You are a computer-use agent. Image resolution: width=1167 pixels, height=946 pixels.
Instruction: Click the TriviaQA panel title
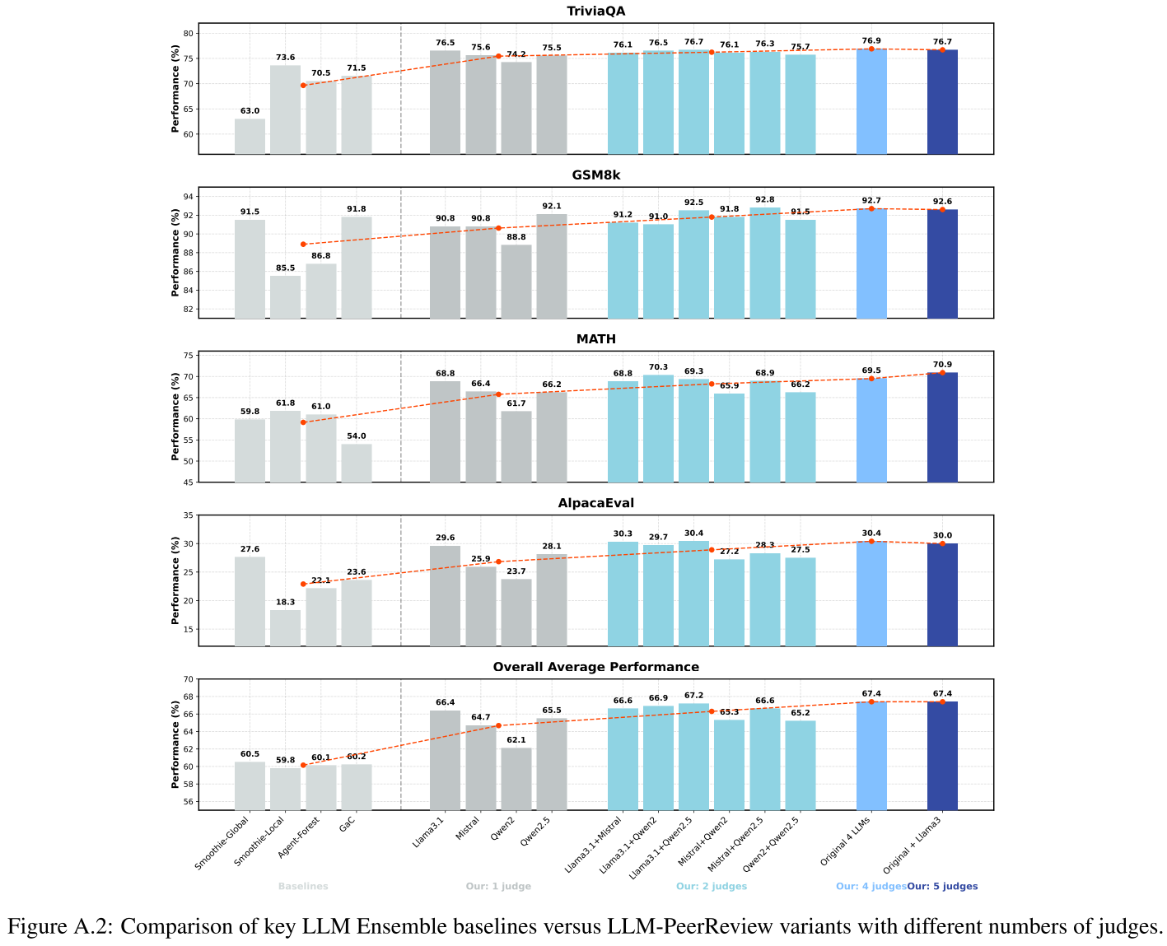pyautogui.click(x=595, y=11)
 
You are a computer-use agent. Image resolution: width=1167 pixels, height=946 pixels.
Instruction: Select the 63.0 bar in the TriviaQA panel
pyautogui.click(x=250, y=137)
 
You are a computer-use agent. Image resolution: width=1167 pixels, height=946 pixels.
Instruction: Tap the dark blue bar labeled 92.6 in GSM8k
pyautogui.click(x=942, y=263)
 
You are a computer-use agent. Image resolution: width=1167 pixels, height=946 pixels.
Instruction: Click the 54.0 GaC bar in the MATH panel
pyautogui.click(x=356, y=463)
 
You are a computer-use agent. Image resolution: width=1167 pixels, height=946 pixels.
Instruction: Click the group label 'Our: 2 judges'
pyautogui.click(x=712, y=887)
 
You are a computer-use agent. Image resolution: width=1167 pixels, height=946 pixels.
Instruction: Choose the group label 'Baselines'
pyautogui.click(x=303, y=887)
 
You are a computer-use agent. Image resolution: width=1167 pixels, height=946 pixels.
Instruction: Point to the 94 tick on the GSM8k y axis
pyautogui.click(x=189, y=197)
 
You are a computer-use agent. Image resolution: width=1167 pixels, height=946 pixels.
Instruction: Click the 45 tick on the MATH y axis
pyautogui.click(x=189, y=482)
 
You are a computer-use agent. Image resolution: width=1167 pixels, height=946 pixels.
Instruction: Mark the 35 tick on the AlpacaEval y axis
pyautogui.click(x=189, y=515)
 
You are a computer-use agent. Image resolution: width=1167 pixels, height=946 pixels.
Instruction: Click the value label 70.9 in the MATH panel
pyautogui.click(x=942, y=365)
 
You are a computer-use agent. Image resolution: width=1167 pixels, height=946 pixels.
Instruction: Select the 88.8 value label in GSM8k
pyautogui.click(x=516, y=237)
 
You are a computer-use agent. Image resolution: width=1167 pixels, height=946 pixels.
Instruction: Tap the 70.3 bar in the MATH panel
pyautogui.click(x=658, y=428)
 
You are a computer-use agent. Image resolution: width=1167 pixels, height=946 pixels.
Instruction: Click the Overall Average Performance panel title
pyautogui.click(x=595, y=667)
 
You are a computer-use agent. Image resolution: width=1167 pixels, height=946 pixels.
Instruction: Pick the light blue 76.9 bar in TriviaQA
pyautogui.click(x=871, y=101)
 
